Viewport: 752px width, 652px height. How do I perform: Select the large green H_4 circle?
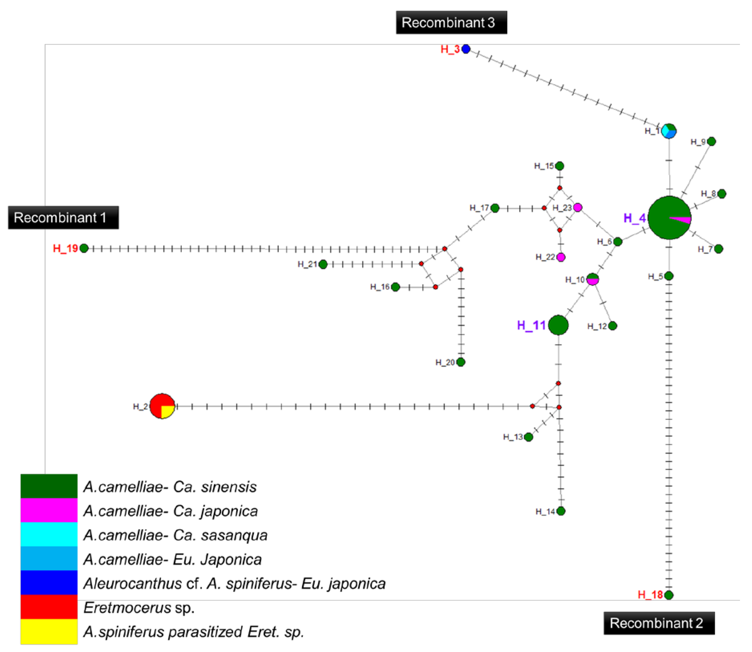(669, 218)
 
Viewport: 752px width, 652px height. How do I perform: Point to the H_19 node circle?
(84, 248)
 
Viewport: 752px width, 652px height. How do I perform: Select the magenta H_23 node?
(577, 207)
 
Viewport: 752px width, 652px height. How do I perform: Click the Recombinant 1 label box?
(63, 218)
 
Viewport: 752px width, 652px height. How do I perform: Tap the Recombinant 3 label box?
(451, 22)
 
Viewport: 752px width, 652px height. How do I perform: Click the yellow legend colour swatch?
(49, 631)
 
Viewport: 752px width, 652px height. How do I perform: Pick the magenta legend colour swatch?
(49, 510)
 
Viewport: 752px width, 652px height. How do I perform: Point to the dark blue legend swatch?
(49, 583)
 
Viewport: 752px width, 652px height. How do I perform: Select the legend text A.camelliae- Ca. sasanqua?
(175, 535)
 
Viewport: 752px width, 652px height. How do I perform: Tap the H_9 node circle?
(711, 141)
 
